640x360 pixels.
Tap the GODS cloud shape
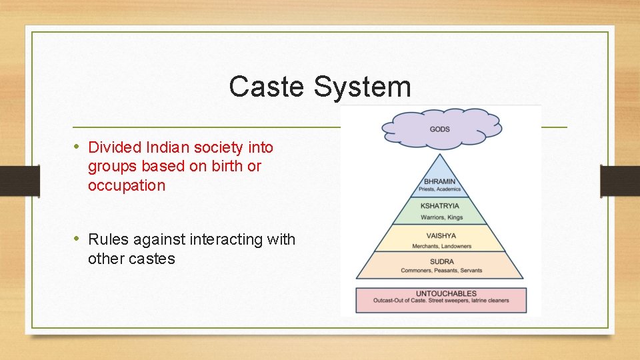[x=440, y=128]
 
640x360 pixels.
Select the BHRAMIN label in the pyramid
[x=440, y=181]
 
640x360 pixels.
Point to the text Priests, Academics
[x=440, y=189]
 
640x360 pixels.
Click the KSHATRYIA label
[x=440, y=206]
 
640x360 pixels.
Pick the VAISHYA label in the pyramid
[x=440, y=235]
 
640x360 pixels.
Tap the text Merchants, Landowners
[x=440, y=246]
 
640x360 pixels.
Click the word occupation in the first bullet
[x=126, y=185]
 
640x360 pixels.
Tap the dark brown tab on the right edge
[x=620, y=180]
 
